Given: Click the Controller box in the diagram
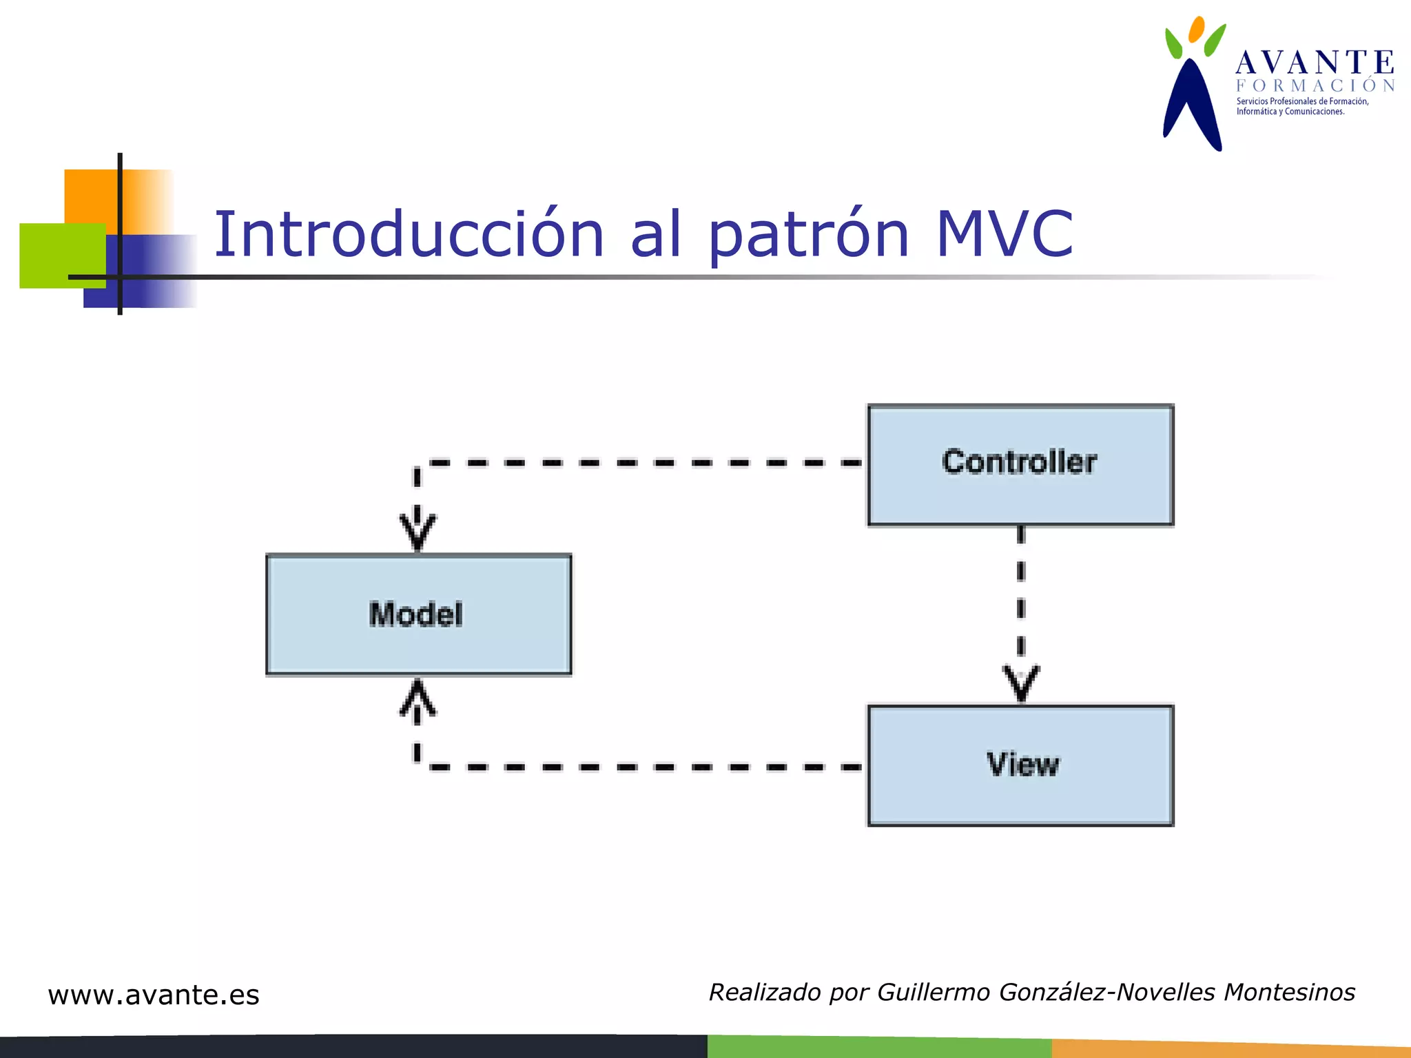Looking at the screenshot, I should (x=1020, y=465).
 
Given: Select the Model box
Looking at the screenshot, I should (x=418, y=614).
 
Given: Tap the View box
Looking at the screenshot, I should (x=1020, y=765).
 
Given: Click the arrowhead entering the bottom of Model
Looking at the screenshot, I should (x=418, y=697).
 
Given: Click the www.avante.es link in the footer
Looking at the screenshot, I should (x=154, y=995).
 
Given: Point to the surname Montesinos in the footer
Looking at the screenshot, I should (x=1289, y=992).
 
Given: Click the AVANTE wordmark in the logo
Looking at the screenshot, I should (x=1315, y=63).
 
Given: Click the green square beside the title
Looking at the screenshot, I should (x=52, y=255).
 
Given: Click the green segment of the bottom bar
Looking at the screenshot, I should (x=878, y=1046).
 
